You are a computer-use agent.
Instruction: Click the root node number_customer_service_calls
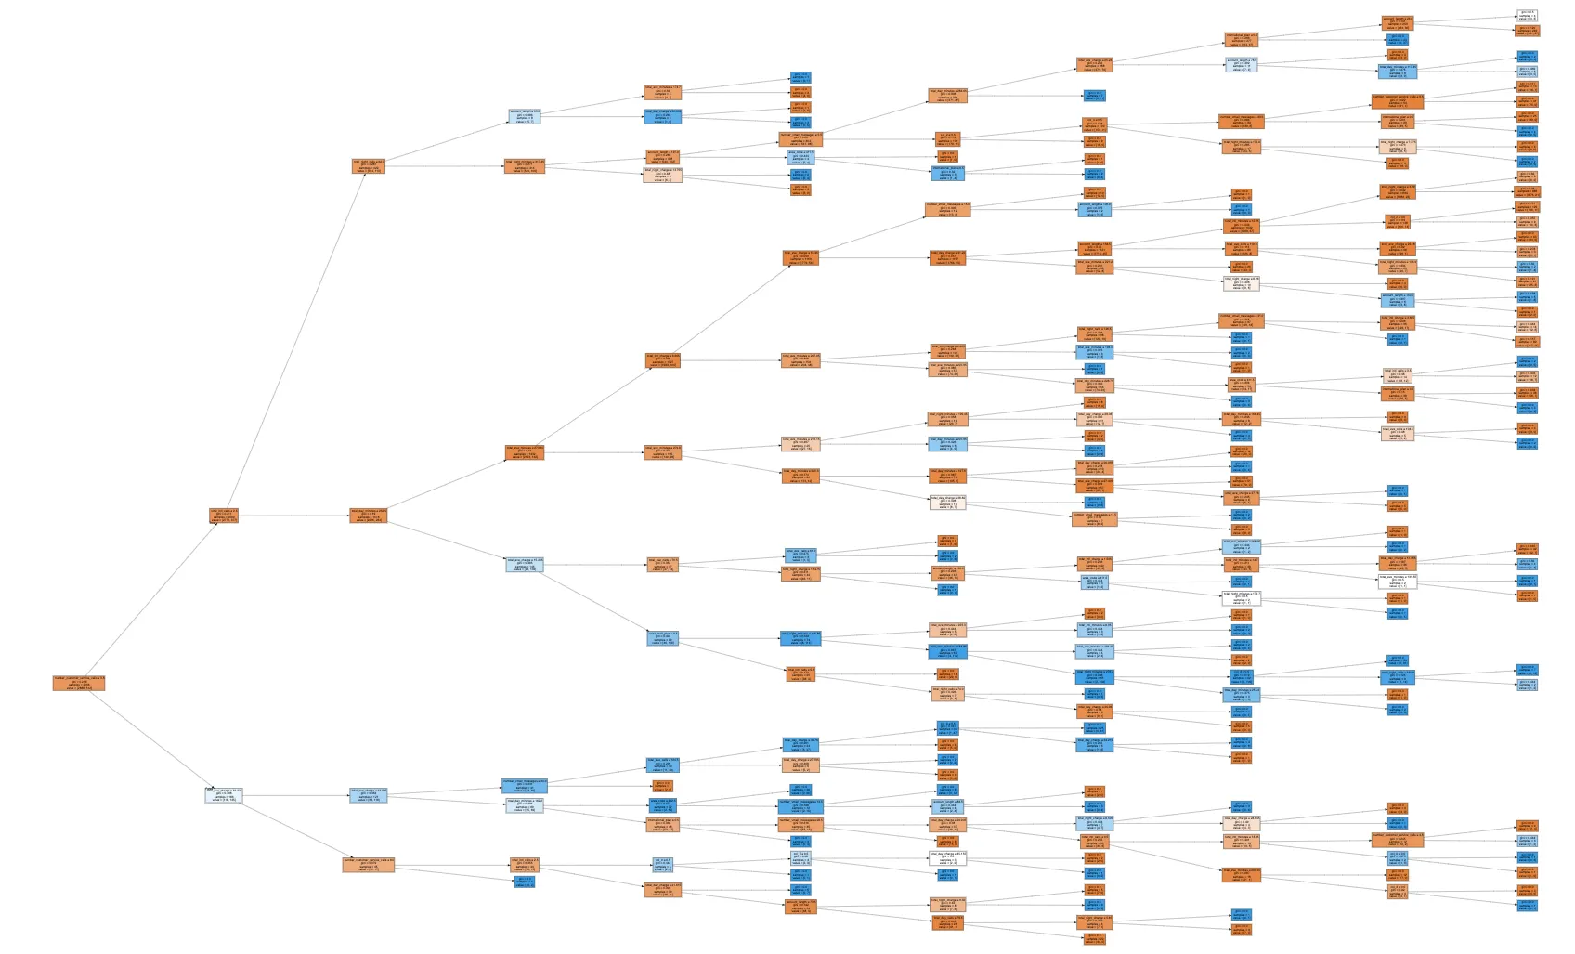[78, 683]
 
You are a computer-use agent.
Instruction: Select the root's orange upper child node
[223, 516]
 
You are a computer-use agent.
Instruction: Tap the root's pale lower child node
[223, 795]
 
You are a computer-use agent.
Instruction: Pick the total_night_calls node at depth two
[368, 166]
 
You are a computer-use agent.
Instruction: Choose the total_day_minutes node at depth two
[368, 516]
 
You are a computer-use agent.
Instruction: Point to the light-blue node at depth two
[368, 795]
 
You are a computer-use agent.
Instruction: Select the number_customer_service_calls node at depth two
[368, 865]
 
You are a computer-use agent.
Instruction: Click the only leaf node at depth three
[524, 882]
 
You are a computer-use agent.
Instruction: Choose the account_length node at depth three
[524, 116]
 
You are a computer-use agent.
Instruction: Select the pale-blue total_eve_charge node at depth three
[524, 564]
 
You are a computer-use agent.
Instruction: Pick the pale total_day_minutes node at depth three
[524, 805]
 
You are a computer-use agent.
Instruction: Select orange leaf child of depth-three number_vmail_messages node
[662, 786]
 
